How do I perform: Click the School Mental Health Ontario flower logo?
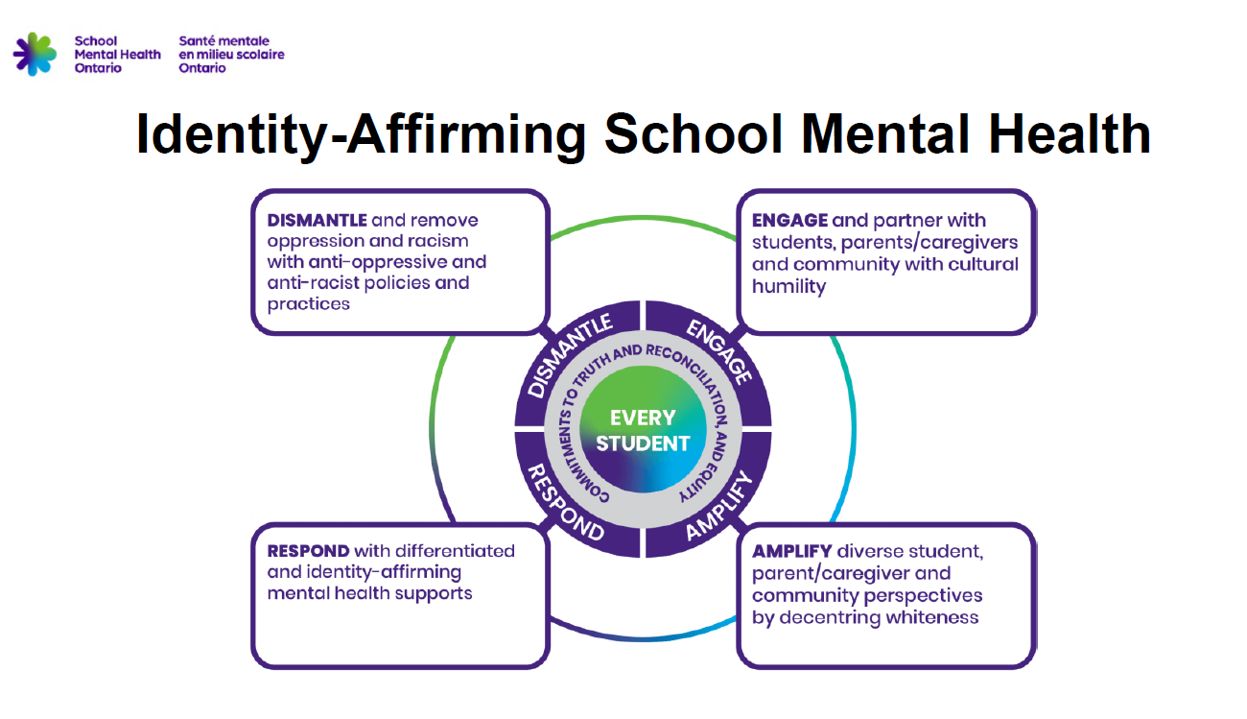35,54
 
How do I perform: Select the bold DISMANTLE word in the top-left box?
317,221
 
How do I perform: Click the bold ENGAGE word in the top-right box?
789,221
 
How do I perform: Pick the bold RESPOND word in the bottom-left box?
308,551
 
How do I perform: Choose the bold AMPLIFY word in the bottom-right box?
791,552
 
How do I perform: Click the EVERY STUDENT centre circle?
643,430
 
